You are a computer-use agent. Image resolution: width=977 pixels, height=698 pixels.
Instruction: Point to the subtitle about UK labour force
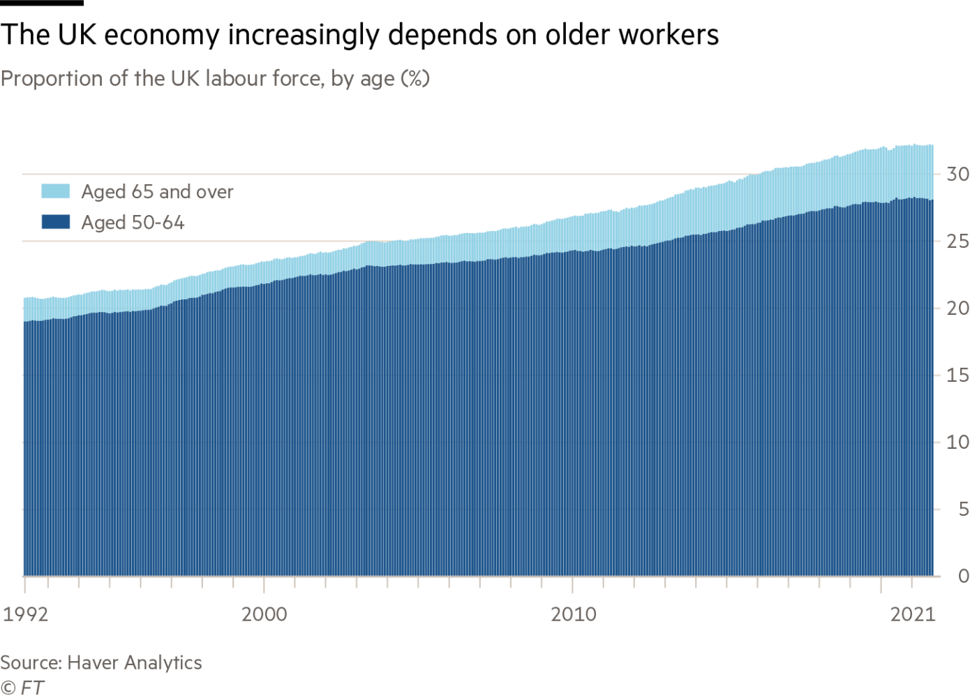pos(215,78)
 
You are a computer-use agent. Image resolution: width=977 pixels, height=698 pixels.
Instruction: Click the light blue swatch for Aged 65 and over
pos(56,192)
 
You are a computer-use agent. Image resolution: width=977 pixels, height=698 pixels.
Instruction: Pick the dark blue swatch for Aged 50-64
pos(56,223)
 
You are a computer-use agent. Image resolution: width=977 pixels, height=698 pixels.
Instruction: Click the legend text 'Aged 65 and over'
pos(158,192)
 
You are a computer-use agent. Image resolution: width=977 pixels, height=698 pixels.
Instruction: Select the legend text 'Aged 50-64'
pos(133,223)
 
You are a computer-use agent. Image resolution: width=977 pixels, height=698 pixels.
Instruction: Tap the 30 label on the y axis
pos(958,174)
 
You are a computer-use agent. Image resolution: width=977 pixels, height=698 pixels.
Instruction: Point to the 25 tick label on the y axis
pos(958,242)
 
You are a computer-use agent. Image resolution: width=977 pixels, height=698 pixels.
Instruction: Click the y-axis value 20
pos(958,309)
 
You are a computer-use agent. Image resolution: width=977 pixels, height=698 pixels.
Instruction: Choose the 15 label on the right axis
pos(958,376)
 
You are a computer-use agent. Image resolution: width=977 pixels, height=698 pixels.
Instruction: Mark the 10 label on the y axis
pos(958,443)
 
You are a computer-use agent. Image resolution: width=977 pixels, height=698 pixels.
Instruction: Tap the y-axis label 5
pos(964,510)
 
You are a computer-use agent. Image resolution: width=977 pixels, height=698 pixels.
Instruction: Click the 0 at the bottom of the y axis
pos(964,577)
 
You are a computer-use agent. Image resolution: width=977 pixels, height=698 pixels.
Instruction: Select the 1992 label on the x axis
pos(26,615)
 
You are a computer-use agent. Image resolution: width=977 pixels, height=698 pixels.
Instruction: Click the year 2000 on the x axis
pos(264,615)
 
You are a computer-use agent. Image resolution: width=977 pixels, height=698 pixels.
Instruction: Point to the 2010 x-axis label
pos(573,615)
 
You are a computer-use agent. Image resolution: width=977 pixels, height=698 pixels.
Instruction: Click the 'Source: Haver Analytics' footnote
pos(101,662)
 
